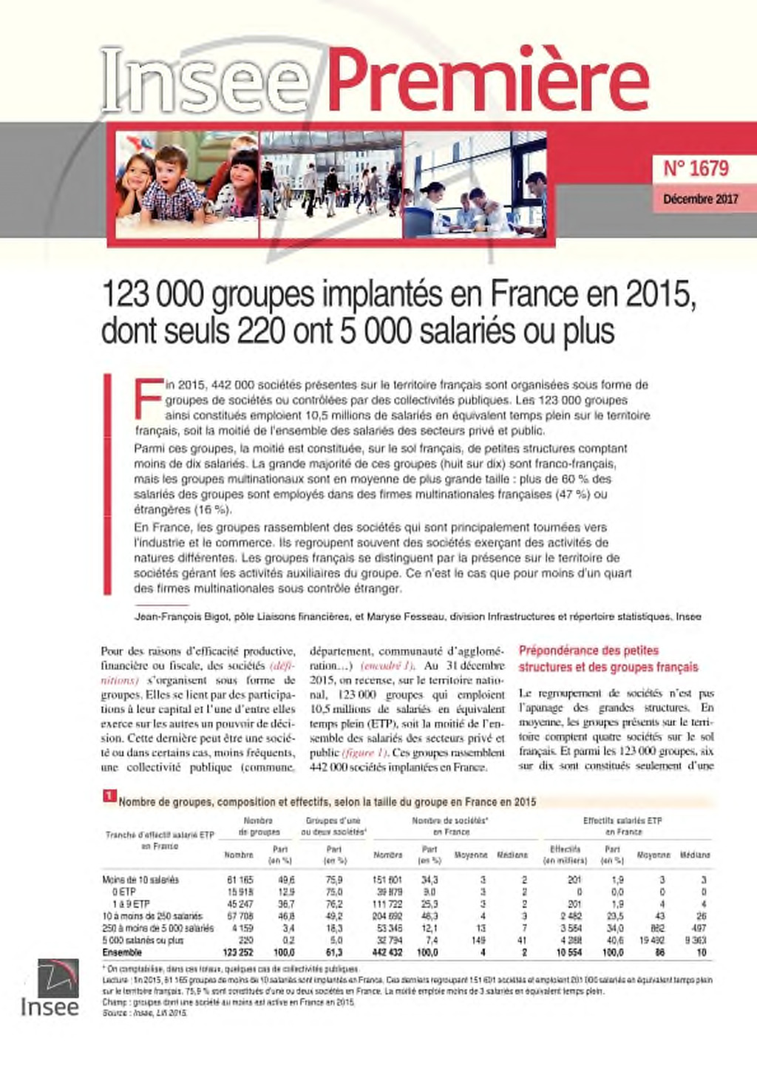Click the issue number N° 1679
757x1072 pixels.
pos(695,169)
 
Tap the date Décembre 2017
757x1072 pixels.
pos(700,199)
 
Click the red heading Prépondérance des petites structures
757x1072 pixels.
pos(608,659)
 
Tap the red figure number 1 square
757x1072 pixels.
pos(108,795)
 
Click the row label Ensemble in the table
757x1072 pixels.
pos(122,952)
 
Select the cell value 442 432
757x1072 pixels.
pos(387,952)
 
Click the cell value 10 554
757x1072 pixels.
pos(569,952)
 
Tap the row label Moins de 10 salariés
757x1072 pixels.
pos(140,880)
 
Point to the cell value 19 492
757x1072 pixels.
pos(651,940)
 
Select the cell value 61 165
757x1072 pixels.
pos(240,880)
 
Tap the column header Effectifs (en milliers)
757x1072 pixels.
pos(565,855)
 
